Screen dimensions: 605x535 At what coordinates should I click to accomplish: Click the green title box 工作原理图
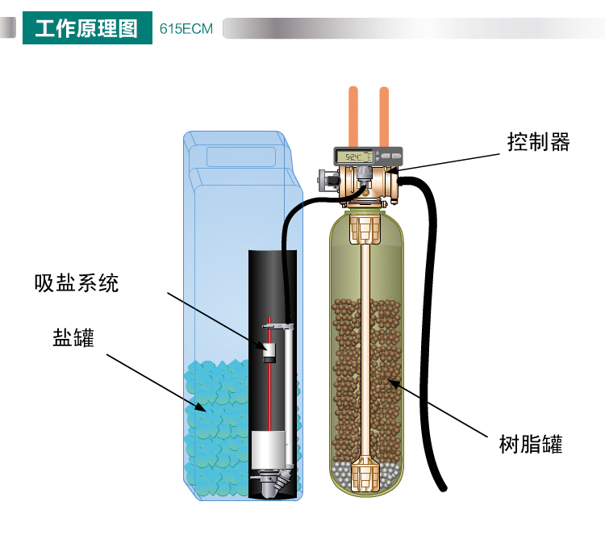point(87,27)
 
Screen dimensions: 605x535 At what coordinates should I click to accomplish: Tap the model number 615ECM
point(186,29)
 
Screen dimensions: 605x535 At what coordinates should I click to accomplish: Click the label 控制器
point(538,142)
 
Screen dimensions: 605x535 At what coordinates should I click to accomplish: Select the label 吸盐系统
point(77,283)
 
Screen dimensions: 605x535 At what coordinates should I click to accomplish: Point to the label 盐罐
point(73,338)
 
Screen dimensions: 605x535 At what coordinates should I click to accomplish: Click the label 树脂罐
point(531,444)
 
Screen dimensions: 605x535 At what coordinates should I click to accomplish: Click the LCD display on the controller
point(353,157)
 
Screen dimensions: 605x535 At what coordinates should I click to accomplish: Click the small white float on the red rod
point(269,353)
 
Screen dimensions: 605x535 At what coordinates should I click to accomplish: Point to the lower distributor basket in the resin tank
point(365,473)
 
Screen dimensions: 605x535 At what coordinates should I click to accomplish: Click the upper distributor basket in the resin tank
point(365,229)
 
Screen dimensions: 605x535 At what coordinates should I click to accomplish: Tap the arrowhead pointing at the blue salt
point(201,408)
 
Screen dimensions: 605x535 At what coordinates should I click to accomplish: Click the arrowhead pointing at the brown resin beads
point(393,383)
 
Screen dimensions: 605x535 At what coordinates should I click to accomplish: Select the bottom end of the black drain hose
point(444,488)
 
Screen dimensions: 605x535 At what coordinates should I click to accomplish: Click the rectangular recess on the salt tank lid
point(241,157)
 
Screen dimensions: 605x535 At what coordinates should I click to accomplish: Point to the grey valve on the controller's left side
point(329,180)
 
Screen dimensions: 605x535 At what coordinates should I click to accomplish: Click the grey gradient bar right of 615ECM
point(414,28)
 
